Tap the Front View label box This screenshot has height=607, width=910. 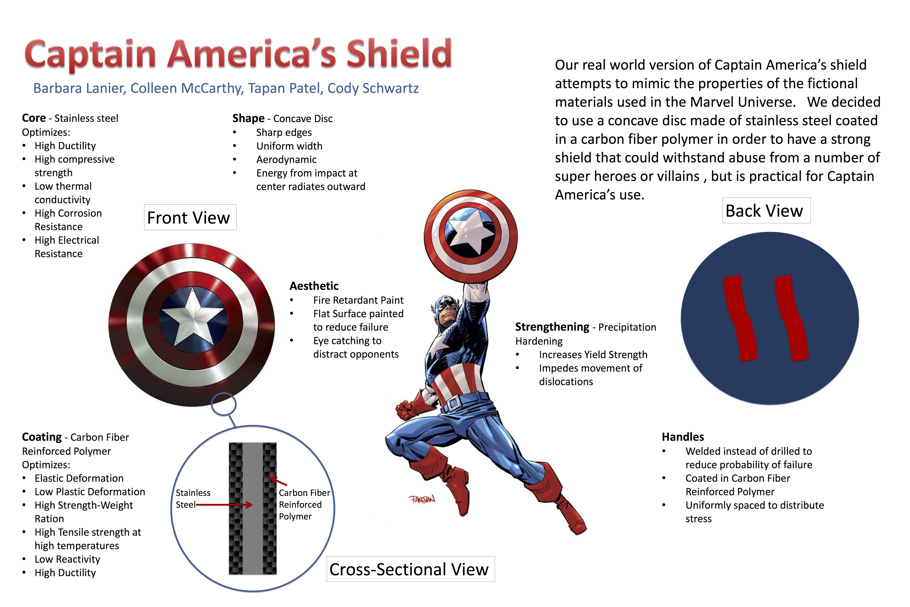(190, 217)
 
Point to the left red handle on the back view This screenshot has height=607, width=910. (740, 318)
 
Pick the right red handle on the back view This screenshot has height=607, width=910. (791, 318)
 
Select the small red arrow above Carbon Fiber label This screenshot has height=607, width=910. (279, 481)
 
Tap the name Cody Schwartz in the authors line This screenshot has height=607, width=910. (373, 88)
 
